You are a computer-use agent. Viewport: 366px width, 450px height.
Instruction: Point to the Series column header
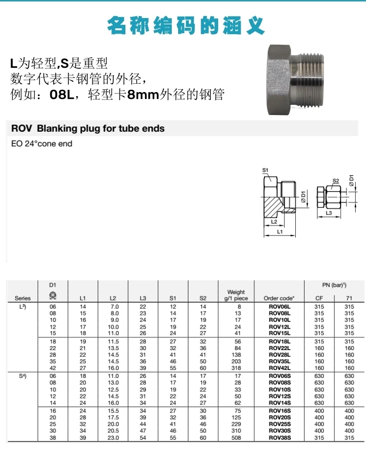tap(22, 298)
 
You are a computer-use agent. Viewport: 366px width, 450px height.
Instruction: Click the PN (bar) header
tap(334, 284)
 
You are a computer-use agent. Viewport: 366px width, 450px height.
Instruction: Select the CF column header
tap(319, 298)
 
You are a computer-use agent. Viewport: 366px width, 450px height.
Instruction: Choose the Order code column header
tap(279, 298)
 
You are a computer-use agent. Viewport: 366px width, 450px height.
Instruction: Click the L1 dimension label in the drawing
tap(280, 232)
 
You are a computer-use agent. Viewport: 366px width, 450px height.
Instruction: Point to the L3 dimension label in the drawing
tap(329, 213)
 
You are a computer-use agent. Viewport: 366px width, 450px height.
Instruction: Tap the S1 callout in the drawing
tap(265, 170)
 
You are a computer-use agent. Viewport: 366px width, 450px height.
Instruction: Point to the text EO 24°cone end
tap(41, 144)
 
